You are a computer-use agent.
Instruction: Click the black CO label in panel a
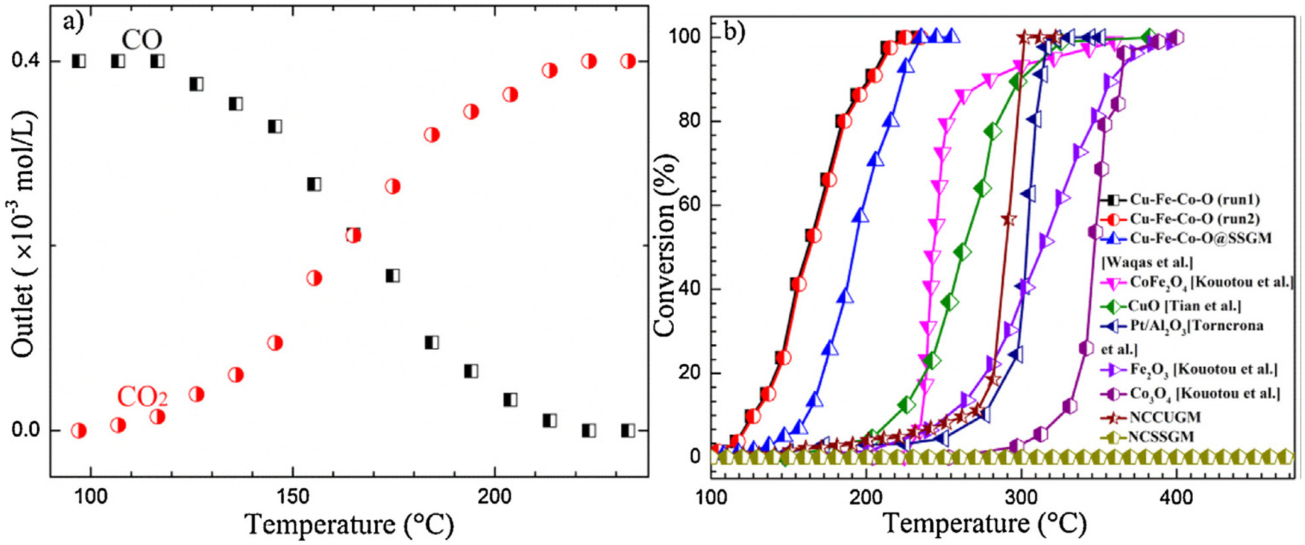click(x=141, y=40)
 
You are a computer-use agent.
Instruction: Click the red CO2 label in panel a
click(x=142, y=398)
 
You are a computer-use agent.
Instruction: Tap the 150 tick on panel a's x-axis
click(x=293, y=497)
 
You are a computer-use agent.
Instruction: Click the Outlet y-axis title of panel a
click(x=23, y=238)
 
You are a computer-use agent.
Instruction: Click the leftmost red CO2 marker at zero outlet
click(x=79, y=431)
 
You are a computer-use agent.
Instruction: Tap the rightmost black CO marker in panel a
click(x=628, y=431)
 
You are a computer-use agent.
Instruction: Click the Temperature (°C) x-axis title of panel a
click(x=350, y=524)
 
